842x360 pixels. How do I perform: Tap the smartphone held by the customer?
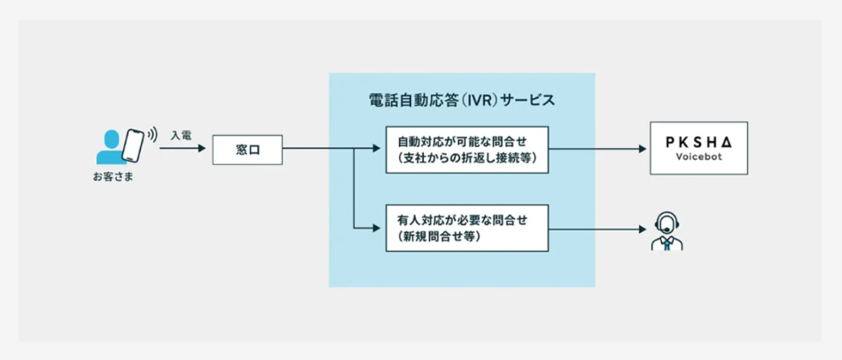pyautogui.click(x=133, y=145)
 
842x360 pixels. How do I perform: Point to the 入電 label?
pyautogui.click(x=182, y=135)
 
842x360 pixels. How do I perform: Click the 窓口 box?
pyautogui.click(x=246, y=150)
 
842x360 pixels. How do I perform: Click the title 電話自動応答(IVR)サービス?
pyautogui.click(x=461, y=99)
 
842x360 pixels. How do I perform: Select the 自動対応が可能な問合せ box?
pyautogui.click(x=467, y=149)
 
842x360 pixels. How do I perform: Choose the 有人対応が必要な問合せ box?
pyautogui.click(x=467, y=228)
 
